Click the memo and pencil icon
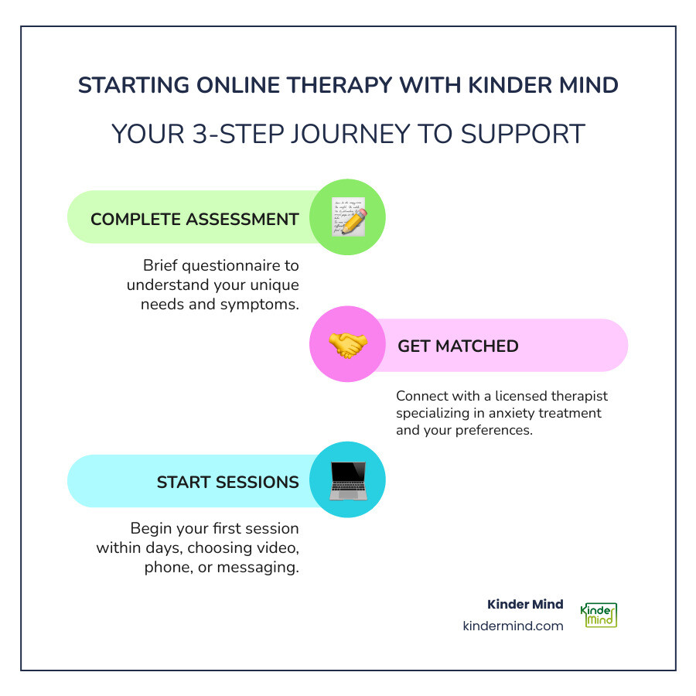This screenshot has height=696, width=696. pyautogui.click(x=347, y=217)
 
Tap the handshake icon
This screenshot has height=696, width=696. pyautogui.click(x=347, y=345)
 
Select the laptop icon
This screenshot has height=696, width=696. pyautogui.click(x=347, y=479)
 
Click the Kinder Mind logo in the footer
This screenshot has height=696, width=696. pyautogui.click(x=601, y=615)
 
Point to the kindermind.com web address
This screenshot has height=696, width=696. pyautogui.click(x=513, y=626)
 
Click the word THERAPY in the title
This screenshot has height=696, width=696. pyautogui.click(x=316, y=85)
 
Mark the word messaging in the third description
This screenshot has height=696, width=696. pyautogui.click(x=261, y=568)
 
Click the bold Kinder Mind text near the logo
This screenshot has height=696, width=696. pyautogui.click(x=525, y=604)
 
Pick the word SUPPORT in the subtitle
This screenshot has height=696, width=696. pyautogui.click(x=524, y=134)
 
